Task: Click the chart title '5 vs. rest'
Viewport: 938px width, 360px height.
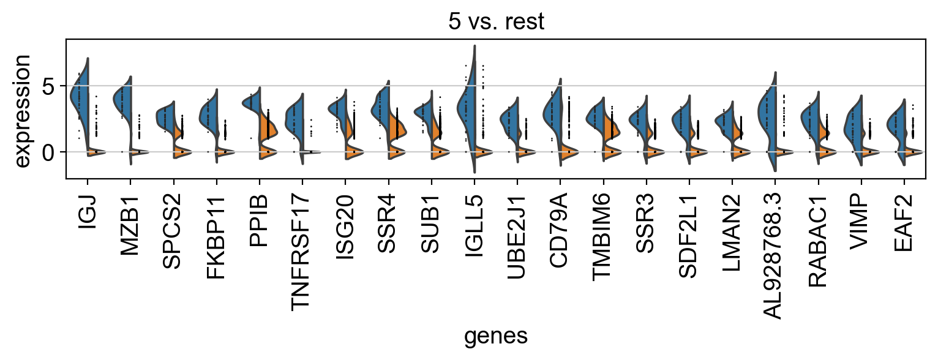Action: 496,21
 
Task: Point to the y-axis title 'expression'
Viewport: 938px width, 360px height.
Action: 23,110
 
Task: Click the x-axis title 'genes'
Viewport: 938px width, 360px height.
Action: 496,336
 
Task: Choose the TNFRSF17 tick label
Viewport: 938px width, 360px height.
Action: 302,247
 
